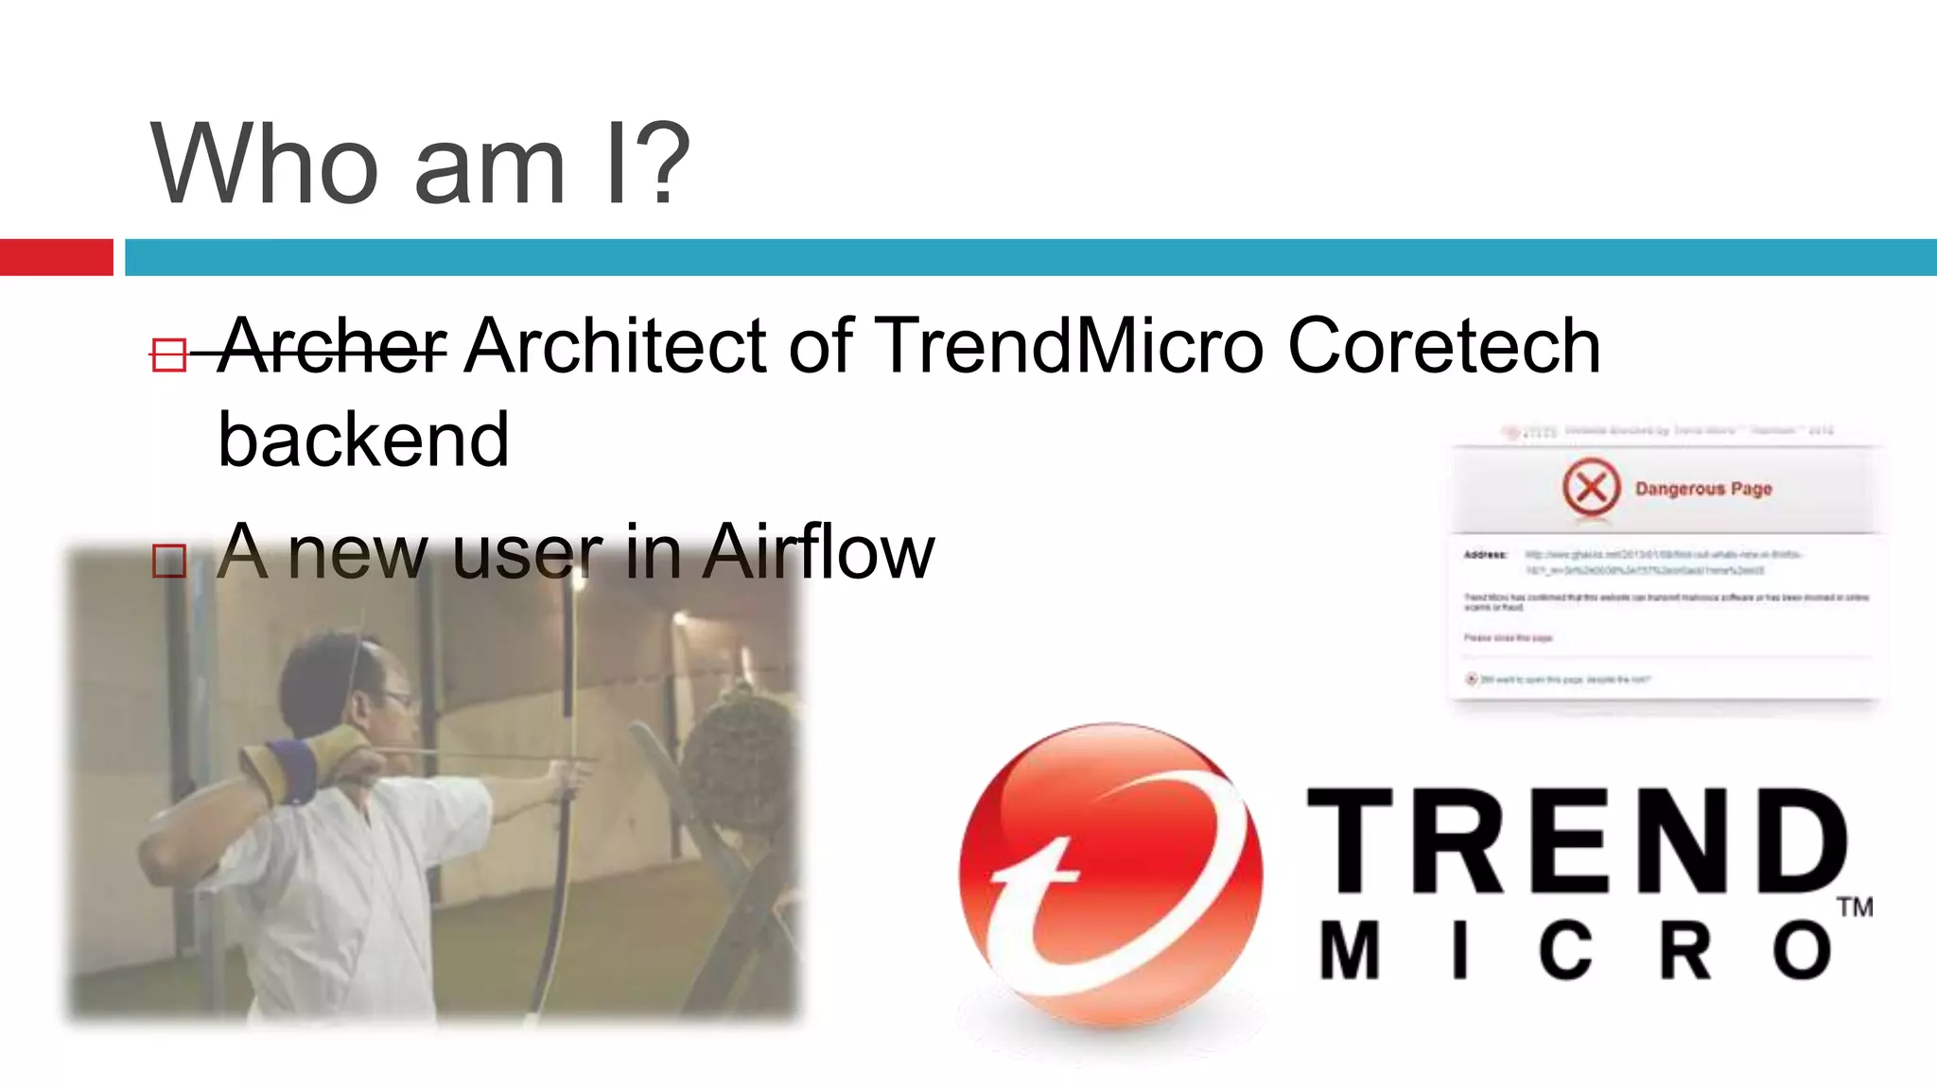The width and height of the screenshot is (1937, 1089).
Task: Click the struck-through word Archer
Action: click(x=332, y=346)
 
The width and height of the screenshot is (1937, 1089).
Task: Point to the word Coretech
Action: click(x=1444, y=346)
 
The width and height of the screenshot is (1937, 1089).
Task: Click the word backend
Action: click(x=363, y=441)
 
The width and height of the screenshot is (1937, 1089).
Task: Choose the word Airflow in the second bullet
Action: click(x=818, y=552)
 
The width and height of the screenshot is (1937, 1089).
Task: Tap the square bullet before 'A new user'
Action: click(x=169, y=561)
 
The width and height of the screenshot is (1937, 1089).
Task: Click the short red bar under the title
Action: click(x=57, y=257)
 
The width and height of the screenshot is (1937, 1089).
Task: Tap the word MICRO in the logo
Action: click(x=1575, y=951)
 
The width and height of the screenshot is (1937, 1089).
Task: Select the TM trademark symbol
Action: click(x=1855, y=907)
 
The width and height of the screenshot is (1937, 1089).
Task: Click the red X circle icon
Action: click(x=1591, y=488)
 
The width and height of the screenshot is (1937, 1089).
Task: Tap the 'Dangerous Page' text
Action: click(x=1703, y=489)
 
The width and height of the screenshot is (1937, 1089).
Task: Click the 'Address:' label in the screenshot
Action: click(x=1486, y=555)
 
